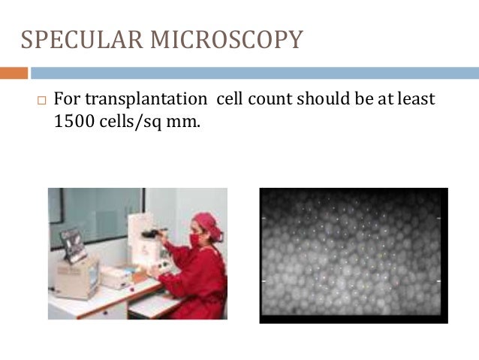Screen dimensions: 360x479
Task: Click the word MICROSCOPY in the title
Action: point(224,38)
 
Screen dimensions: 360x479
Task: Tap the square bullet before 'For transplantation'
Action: point(40,100)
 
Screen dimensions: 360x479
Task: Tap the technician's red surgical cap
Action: point(204,221)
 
